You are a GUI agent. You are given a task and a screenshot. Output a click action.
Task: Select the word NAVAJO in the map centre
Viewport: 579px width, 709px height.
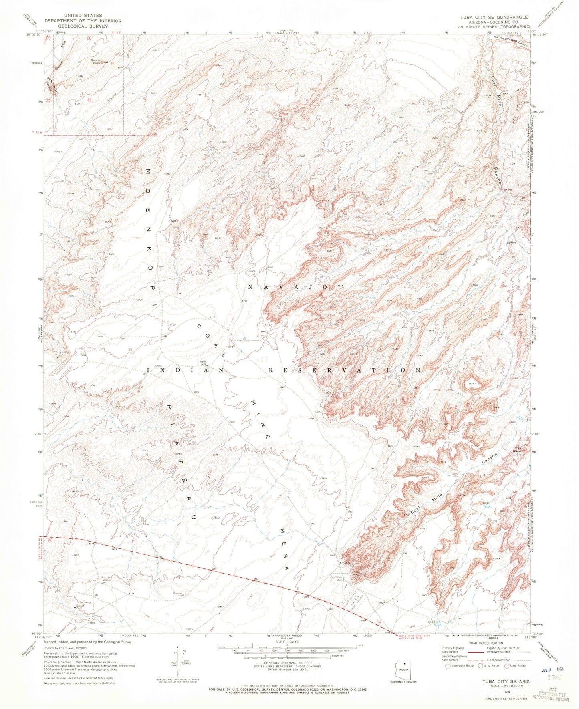pos(288,287)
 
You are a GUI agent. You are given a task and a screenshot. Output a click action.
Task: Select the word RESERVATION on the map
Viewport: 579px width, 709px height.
pos(345,370)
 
